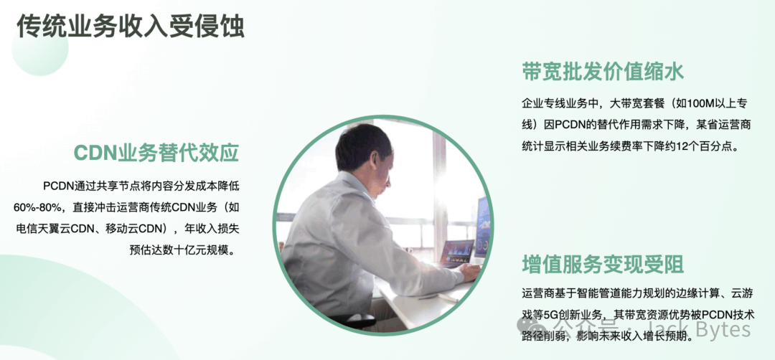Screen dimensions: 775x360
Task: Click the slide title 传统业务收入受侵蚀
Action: tap(131, 26)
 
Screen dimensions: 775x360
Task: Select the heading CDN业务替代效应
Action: tap(156, 153)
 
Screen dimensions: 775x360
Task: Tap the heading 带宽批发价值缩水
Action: tap(603, 72)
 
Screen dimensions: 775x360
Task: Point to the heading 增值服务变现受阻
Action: tap(603, 264)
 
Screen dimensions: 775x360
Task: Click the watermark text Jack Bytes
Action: tap(717, 328)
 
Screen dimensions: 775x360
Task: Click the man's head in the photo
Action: tap(363, 148)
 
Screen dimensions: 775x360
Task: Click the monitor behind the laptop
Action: tap(482, 227)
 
